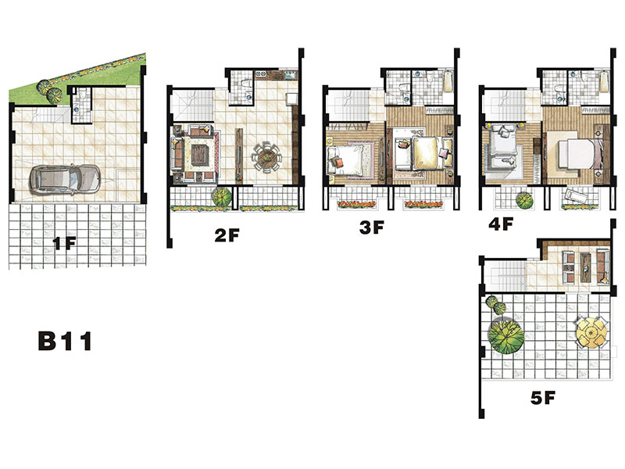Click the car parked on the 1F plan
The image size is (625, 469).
click(x=64, y=179)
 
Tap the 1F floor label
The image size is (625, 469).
click(x=64, y=243)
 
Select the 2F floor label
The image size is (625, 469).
click(x=227, y=235)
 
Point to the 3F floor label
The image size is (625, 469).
click(x=372, y=227)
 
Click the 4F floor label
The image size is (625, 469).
click(x=501, y=224)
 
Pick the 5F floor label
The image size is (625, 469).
click(x=543, y=398)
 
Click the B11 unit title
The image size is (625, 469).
click(x=65, y=341)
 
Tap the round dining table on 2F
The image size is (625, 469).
click(x=266, y=158)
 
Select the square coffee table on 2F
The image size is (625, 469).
click(x=200, y=154)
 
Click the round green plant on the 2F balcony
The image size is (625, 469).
click(x=221, y=197)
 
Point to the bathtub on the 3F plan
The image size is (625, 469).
click(x=448, y=81)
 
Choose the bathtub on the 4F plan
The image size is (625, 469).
click(x=604, y=81)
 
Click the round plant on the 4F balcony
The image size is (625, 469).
click(x=524, y=200)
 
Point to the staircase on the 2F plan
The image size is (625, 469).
click(x=191, y=106)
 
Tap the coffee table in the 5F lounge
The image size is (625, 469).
click(x=585, y=267)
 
